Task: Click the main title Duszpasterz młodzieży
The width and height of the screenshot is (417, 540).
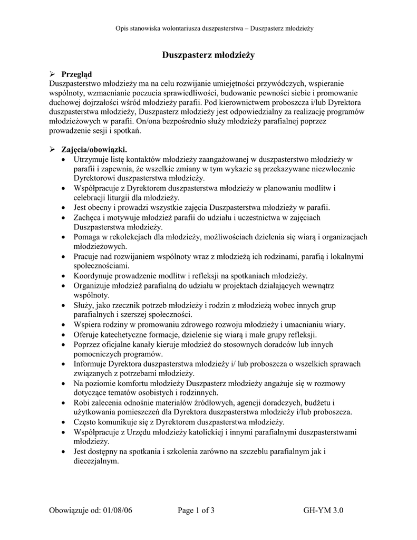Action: (x=208, y=55)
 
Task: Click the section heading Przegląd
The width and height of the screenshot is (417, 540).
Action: (x=77, y=74)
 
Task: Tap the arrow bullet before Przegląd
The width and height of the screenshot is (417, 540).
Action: (x=52, y=74)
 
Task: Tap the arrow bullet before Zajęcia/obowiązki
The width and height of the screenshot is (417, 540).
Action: (x=52, y=149)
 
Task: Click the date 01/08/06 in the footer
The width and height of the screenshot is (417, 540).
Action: (x=117, y=510)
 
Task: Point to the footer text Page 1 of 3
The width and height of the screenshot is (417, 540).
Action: (x=196, y=510)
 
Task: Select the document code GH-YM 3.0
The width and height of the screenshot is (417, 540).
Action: (x=323, y=510)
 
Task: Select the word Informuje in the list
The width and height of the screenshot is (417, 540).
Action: (x=90, y=364)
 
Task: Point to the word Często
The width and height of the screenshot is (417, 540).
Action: (x=85, y=422)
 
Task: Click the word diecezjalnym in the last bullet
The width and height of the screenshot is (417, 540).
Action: (x=96, y=460)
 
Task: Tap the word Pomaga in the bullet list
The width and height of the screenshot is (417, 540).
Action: (x=87, y=237)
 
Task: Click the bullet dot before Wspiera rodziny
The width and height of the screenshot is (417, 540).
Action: (x=64, y=325)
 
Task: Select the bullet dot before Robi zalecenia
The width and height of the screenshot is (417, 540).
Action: (x=64, y=403)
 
